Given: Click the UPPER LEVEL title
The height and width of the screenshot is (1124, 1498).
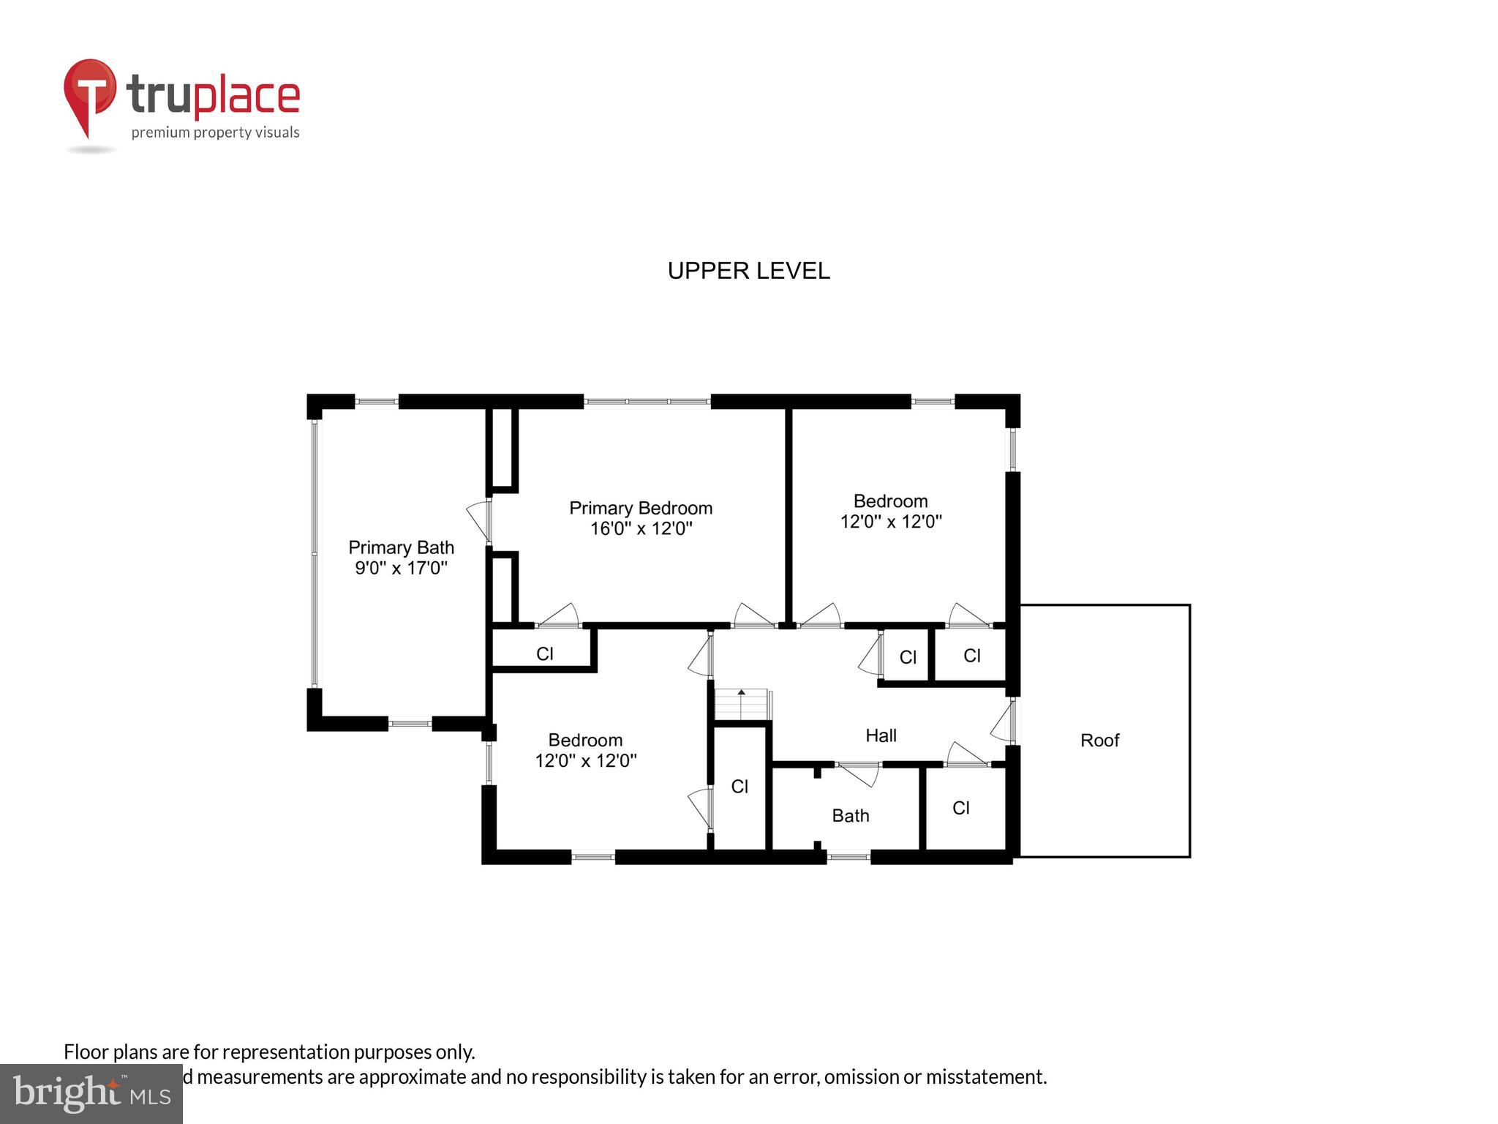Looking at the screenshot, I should click(748, 271).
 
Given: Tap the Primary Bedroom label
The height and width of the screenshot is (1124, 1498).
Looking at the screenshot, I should click(641, 508).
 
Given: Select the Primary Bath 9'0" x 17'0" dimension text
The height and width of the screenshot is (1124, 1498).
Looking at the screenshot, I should click(401, 569).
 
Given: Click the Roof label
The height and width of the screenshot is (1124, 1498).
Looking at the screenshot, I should click(1099, 741).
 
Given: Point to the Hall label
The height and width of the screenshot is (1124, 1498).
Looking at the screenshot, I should click(881, 735).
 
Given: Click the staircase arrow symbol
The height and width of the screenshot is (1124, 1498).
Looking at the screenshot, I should click(741, 692).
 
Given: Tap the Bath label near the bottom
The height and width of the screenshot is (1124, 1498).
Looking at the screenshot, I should click(850, 815).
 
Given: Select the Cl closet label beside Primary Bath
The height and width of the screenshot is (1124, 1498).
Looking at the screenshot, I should click(544, 653).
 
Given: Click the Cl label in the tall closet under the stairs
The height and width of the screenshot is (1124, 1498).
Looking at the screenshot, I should click(739, 787).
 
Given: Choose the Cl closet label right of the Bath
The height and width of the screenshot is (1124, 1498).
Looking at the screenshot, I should click(961, 808).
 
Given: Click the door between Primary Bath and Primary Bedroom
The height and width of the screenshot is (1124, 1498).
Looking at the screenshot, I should click(480, 520).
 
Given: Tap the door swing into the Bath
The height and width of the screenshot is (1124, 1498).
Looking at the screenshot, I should click(859, 774).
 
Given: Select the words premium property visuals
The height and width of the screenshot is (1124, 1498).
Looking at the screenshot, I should click(215, 132).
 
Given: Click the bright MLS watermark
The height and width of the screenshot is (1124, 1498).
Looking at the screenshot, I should click(91, 1093).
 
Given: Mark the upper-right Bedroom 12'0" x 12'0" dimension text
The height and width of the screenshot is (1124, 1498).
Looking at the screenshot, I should click(890, 522).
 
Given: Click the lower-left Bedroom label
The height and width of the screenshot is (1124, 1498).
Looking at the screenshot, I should click(585, 740).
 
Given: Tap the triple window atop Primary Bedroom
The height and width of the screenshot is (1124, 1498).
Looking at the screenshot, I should click(647, 402).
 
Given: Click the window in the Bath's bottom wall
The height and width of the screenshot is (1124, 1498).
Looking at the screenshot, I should click(848, 856).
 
